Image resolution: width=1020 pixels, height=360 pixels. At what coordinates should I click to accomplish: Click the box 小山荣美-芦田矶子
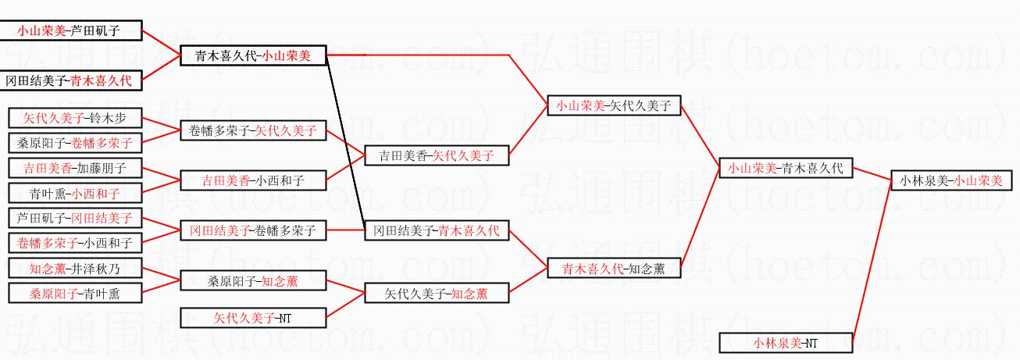tap(76, 30)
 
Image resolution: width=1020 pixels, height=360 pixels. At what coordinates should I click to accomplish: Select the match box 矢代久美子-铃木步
tap(76, 119)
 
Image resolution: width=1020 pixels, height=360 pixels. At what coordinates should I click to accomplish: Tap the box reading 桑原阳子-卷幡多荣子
tap(76, 143)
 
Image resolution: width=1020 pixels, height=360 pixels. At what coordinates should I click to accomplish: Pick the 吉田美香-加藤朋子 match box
tap(76, 168)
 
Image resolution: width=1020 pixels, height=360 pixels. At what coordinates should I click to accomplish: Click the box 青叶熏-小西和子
tap(76, 193)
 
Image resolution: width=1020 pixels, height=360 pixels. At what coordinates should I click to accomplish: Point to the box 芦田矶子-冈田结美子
tap(76, 218)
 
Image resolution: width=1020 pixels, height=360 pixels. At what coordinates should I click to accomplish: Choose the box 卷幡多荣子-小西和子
tap(76, 242)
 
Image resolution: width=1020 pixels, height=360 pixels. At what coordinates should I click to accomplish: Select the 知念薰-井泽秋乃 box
tap(76, 269)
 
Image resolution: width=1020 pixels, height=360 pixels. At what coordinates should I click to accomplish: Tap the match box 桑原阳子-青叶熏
tap(76, 294)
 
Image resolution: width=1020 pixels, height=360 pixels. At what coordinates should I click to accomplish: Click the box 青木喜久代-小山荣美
tap(253, 55)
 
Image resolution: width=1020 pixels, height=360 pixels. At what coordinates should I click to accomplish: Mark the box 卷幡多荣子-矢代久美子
tap(253, 131)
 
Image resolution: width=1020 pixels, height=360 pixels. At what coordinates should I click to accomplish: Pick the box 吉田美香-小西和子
tap(253, 180)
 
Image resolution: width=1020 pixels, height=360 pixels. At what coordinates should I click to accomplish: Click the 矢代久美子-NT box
tap(253, 318)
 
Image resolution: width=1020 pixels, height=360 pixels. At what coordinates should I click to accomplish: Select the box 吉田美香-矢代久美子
tap(437, 155)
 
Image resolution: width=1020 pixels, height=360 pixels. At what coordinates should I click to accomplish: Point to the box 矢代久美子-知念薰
tap(437, 294)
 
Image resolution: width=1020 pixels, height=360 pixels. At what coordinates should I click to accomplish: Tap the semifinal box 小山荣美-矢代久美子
tap(614, 105)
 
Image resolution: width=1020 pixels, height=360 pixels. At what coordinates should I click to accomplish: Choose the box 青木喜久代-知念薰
tap(614, 269)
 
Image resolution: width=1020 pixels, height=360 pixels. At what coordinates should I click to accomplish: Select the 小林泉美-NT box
tap(786, 342)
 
